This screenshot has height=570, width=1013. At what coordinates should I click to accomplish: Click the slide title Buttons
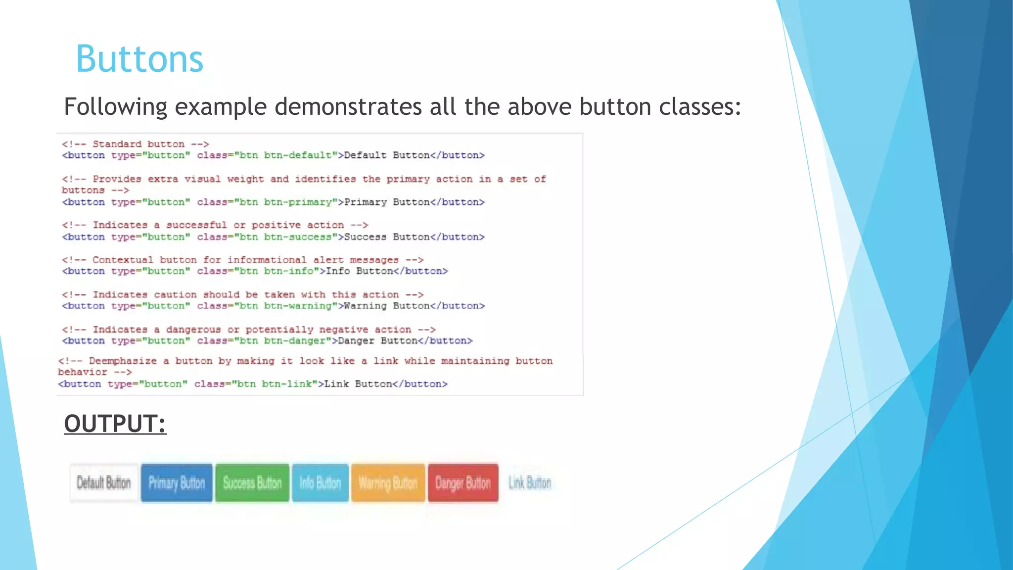(x=139, y=59)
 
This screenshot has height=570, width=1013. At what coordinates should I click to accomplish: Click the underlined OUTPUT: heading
(x=115, y=424)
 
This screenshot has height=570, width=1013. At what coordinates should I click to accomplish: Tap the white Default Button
(x=104, y=483)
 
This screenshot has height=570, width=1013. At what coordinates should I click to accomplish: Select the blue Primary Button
(x=177, y=483)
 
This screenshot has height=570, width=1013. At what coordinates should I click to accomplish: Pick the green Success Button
(x=252, y=483)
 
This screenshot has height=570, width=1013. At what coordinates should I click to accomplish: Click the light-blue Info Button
(x=320, y=483)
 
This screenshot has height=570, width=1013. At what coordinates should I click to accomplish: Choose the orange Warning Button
(x=388, y=483)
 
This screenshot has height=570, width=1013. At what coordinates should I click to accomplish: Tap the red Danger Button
(x=463, y=483)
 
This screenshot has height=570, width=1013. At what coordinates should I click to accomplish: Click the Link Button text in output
(x=530, y=483)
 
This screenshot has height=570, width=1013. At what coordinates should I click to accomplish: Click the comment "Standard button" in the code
(x=138, y=144)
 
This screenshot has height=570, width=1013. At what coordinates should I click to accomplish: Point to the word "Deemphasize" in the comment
(x=123, y=361)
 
